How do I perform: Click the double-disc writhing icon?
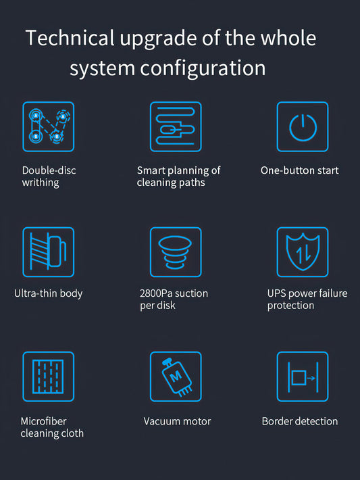point(49,126)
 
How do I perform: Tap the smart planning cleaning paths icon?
point(176,126)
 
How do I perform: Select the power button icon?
point(303,126)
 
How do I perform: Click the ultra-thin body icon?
point(49,252)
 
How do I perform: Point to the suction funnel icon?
point(176,252)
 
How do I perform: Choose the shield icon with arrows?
point(303,252)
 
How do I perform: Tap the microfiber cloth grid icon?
point(49,377)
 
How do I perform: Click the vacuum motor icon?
point(176,377)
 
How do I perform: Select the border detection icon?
point(303,377)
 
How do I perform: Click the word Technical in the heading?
point(70,38)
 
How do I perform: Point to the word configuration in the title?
point(203,68)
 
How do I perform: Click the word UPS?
point(276,293)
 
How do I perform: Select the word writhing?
point(41,183)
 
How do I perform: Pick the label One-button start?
point(299,170)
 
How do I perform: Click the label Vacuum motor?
point(177,421)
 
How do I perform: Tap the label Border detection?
point(300,421)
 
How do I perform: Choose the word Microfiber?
point(43,421)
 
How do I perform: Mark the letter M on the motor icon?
point(176,376)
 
